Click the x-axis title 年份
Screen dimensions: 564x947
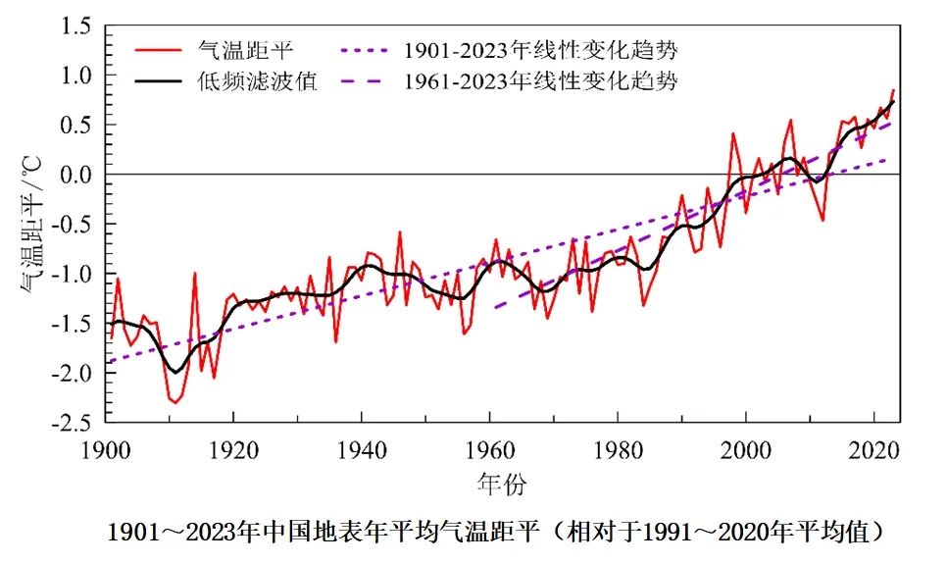503,483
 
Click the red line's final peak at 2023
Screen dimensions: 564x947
893,90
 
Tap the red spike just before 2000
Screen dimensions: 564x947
733,133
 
